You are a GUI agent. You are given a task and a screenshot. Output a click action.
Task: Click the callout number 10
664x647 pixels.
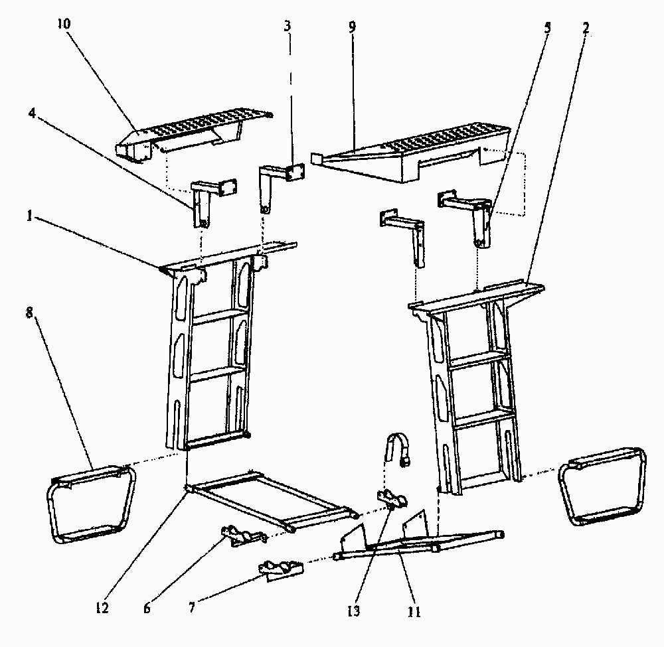point(64,24)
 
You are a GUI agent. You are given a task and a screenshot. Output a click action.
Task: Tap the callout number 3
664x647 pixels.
point(288,27)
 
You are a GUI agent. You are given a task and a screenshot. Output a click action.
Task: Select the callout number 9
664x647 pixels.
point(353,27)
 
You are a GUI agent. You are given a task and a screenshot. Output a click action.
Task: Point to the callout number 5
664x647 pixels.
point(547,28)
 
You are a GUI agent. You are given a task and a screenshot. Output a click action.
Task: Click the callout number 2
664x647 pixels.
point(586,28)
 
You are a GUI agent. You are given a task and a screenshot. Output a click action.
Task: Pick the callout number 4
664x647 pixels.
point(32,113)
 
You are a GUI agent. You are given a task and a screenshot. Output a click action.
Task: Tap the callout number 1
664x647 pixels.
point(29,216)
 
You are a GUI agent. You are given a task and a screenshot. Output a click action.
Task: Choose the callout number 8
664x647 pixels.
point(29,313)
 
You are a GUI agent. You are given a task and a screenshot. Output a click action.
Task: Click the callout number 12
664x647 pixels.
point(102,608)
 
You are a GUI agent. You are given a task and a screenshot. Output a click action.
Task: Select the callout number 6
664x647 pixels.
point(147,609)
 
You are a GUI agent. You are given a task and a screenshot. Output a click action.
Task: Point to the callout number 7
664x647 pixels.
point(192,608)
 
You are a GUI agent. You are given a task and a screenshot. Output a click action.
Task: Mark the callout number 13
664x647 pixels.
point(354,611)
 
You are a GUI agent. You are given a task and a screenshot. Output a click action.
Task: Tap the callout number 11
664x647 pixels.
point(414,611)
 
